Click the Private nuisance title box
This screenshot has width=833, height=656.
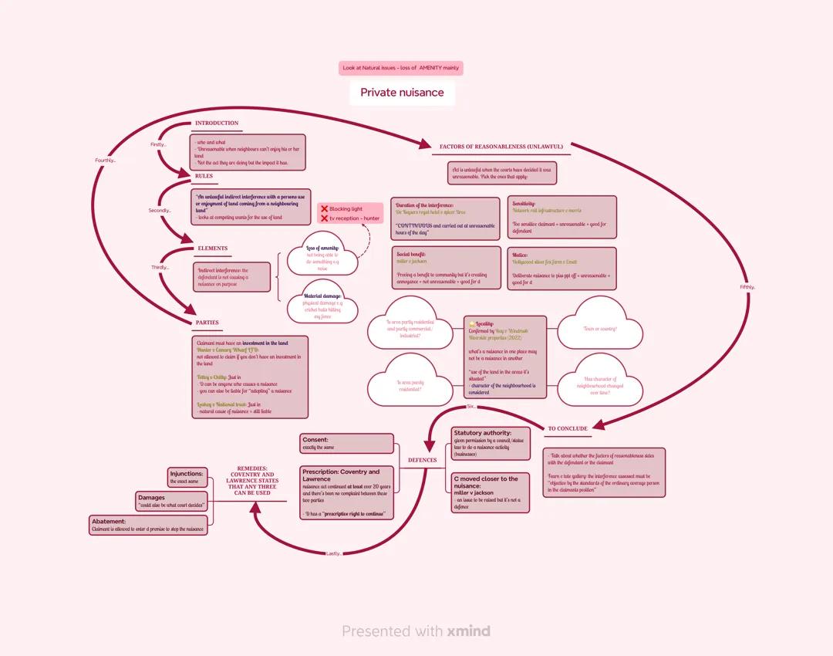pos(402,93)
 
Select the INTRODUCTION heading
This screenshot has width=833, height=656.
pos(217,123)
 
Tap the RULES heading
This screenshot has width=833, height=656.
pos(204,176)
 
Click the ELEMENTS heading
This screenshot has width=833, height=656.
pos(213,249)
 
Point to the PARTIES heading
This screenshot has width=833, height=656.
pos(207,323)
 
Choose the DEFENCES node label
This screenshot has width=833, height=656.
pos(422,460)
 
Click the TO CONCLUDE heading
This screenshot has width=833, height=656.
pos(568,428)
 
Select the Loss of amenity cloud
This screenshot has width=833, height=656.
pos(322,258)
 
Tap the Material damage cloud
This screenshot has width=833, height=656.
pos(322,306)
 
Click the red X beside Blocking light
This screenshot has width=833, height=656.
pos(325,209)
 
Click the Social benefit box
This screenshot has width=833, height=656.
pos(446,268)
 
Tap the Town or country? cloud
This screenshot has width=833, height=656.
pos(599,330)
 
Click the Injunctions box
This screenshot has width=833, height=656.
pos(187,477)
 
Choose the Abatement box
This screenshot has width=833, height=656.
pos(148,526)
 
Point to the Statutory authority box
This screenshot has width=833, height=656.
pos(491,443)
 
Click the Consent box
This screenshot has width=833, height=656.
pos(347,443)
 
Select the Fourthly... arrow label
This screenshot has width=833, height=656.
pos(105,161)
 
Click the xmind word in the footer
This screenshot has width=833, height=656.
pos(468,631)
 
